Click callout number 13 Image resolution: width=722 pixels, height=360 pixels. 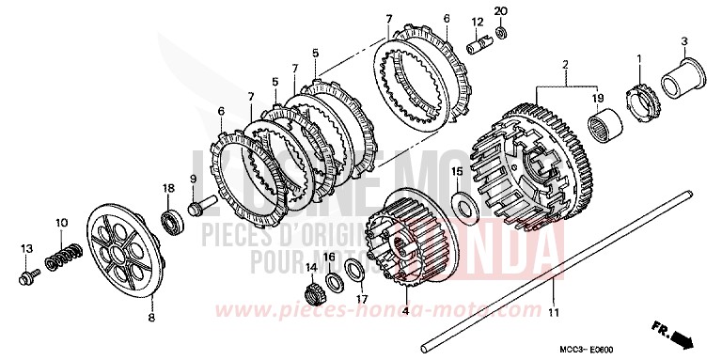(26, 246)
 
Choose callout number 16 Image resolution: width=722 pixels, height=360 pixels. (329, 256)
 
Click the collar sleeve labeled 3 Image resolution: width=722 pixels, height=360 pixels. (678, 75)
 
